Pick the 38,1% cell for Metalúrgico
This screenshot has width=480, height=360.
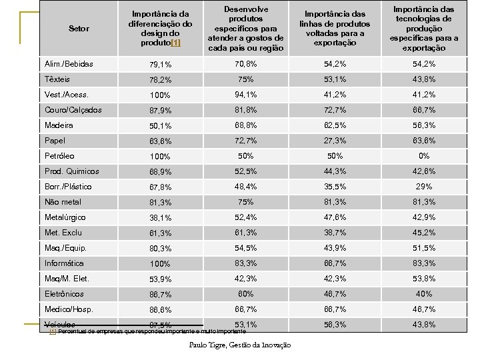(160, 218)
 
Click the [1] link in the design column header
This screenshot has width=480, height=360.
(176, 43)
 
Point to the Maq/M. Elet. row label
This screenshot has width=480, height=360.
(67, 279)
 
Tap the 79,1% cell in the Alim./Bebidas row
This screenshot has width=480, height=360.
(160, 65)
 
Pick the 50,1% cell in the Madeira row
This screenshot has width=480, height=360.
(160, 126)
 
